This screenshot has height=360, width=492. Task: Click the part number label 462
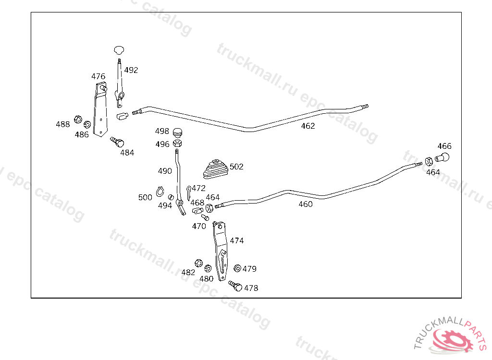(308, 126)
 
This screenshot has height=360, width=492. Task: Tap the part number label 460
(305, 204)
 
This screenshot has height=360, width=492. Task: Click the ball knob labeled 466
(443, 157)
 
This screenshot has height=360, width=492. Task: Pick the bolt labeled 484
(117, 142)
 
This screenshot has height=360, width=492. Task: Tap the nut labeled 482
(198, 263)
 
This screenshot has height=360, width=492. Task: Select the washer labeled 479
(237, 268)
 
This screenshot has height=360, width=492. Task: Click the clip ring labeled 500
(160, 193)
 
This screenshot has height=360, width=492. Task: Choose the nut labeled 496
(177, 143)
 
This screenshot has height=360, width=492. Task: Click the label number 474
(236, 240)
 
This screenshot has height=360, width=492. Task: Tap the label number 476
(98, 76)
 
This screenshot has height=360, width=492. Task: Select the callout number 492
(131, 70)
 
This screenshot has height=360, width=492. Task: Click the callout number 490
(165, 171)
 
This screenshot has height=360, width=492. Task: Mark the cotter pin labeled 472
(189, 193)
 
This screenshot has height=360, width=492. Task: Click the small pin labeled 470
(204, 217)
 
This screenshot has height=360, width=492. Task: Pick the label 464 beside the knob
(433, 172)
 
